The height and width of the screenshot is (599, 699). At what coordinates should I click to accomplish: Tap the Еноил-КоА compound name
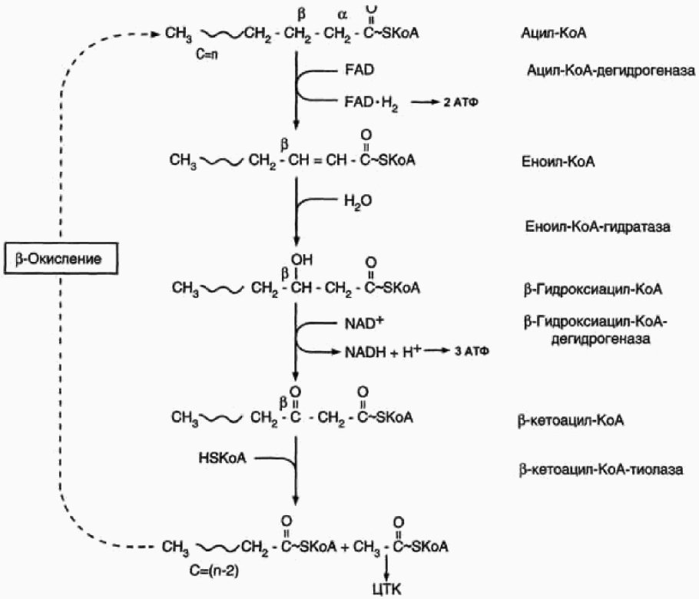click(550, 164)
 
